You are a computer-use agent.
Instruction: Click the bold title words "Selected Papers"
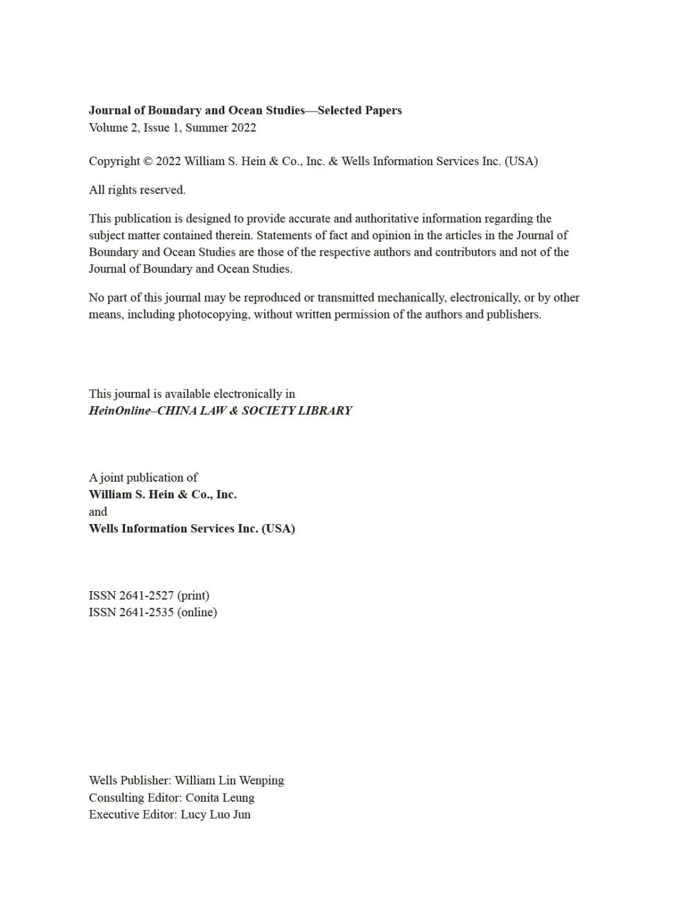click(x=360, y=110)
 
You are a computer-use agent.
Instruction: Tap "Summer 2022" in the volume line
click(x=220, y=128)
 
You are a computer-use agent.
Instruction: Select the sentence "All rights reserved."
click(x=137, y=190)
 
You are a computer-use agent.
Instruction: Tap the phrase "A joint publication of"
click(x=143, y=478)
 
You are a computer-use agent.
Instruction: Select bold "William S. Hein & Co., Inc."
click(x=163, y=494)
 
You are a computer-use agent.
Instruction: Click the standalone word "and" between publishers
click(x=98, y=512)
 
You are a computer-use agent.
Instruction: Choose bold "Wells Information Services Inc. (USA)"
click(x=192, y=529)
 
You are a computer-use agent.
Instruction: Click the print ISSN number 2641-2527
click(x=146, y=596)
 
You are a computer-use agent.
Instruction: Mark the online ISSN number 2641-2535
click(x=146, y=612)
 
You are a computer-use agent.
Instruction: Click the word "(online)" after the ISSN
click(x=197, y=612)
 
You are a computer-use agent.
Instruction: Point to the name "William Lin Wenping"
click(x=229, y=781)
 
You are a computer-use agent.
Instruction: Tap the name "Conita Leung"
click(x=220, y=798)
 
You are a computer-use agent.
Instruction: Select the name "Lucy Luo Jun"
click(x=215, y=815)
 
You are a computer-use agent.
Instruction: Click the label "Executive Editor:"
click(x=133, y=815)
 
